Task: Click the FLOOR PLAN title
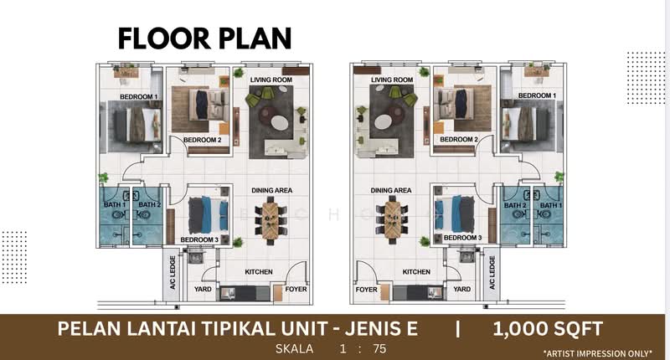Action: [x=204, y=38]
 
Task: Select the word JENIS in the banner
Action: [x=383, y=329]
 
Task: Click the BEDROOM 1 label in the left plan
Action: [x=138, y=97]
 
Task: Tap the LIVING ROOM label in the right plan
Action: [x=392, y=80]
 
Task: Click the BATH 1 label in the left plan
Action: [x=114, y=204]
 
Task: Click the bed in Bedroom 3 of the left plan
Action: [x=207, y=215]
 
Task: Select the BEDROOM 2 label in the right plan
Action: [x=458, y=139]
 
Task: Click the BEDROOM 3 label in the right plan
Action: [x=462, y=238]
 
